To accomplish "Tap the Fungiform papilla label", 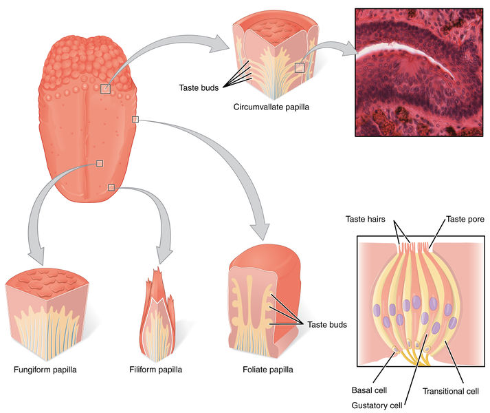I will coord(45,370).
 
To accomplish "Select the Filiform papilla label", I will coord(156,370).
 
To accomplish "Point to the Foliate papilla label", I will coord(267,370).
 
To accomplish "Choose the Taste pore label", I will coord(465,220).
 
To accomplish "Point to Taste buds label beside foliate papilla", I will coord(327,324).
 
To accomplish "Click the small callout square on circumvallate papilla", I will coord(299,67).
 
